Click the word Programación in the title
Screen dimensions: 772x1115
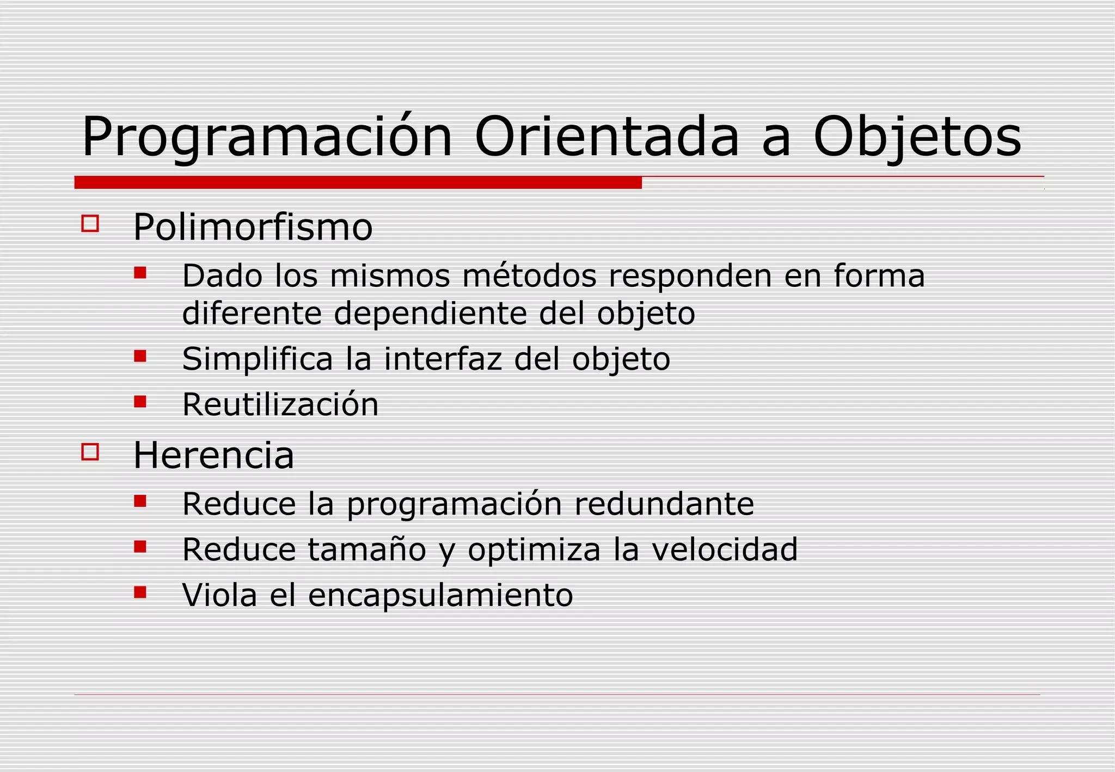(267, 137)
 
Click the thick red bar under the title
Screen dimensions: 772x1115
(358, 183)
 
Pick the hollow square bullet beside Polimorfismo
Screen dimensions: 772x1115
(90, 224)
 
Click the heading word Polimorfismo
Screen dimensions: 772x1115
(253, 227)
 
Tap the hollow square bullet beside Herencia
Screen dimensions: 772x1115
(90, 452)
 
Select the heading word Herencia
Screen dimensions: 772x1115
(213, 455)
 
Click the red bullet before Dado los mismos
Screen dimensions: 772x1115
(140, 272)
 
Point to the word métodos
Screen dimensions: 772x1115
(529, 275)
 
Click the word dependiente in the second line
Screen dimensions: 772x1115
(430, 314)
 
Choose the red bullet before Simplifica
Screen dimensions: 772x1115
(140, 356)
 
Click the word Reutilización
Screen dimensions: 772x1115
(280, 404)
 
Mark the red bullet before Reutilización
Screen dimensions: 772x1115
(140, 402)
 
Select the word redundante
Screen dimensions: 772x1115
(664, 504)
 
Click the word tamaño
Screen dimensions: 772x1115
(366, 549)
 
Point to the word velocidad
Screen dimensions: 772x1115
(724, 549)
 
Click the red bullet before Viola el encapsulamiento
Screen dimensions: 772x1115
(140, 592)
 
